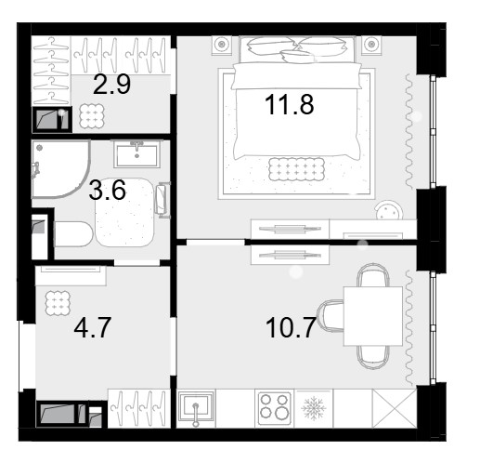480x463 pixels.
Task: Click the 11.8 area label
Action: (x=290, y=104)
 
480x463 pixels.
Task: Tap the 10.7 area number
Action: (x=291, y=327)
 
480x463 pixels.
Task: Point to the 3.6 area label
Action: (x=107, y=190)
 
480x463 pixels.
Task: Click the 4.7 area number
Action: (x=92, y=327)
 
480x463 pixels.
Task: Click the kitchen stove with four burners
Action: (x=275, y=409)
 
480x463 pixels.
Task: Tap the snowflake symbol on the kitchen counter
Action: (x=314, y=408)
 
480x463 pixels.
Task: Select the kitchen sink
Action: (x=196, y=406)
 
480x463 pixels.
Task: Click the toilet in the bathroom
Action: (x=73, y=233)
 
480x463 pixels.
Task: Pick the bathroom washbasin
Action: (x=136, y=154)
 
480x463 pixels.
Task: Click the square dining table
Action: (x=373, y=316)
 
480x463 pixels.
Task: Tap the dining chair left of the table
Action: (x=331, y=316)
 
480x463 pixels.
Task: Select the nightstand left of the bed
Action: (x=221, y=45)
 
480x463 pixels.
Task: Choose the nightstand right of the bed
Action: (x=371, y=45)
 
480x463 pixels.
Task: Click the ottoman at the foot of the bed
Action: (x=296, y=169)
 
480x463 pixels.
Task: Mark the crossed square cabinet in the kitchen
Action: (x=395, y=408)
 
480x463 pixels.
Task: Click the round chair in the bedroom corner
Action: (x=389, y=210)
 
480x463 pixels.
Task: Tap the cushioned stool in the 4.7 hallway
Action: (x=58, y=303)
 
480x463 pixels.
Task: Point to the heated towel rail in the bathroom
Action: (x=162, y=200)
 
